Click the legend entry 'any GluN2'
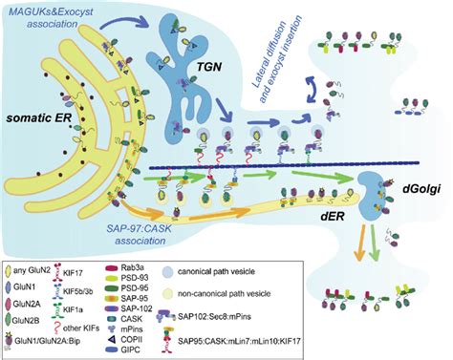[43, 277]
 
